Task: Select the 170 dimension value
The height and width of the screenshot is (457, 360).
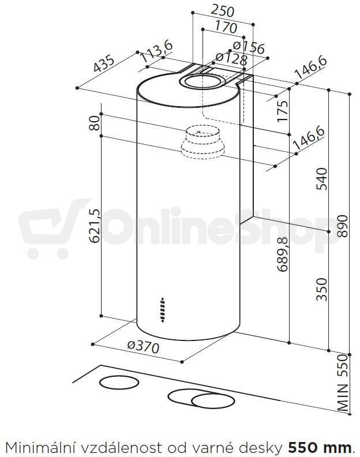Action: click(x=226, y=27)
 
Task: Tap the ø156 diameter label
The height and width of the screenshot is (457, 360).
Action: click(x=249, y=47)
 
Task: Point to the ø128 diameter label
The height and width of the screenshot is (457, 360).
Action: click(x=231, y=59)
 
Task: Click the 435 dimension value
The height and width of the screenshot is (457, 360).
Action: click(x=104, y=64)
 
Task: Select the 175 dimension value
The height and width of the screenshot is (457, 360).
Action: click(x=282, y=111)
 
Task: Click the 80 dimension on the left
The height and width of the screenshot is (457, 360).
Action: click(x=94, y=123)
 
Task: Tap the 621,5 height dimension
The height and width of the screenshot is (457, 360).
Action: click(x=94, y=226)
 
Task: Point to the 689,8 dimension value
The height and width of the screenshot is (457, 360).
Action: click(x=282, y=254)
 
